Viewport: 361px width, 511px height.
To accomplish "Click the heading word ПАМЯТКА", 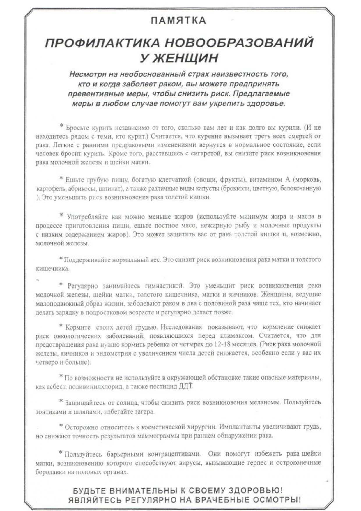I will coord(178,20).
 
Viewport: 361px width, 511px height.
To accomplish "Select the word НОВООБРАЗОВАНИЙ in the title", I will coord(239,43).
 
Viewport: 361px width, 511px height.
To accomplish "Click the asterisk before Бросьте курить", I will coord(61,126).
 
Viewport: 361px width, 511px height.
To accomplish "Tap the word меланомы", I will coord(265,403).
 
